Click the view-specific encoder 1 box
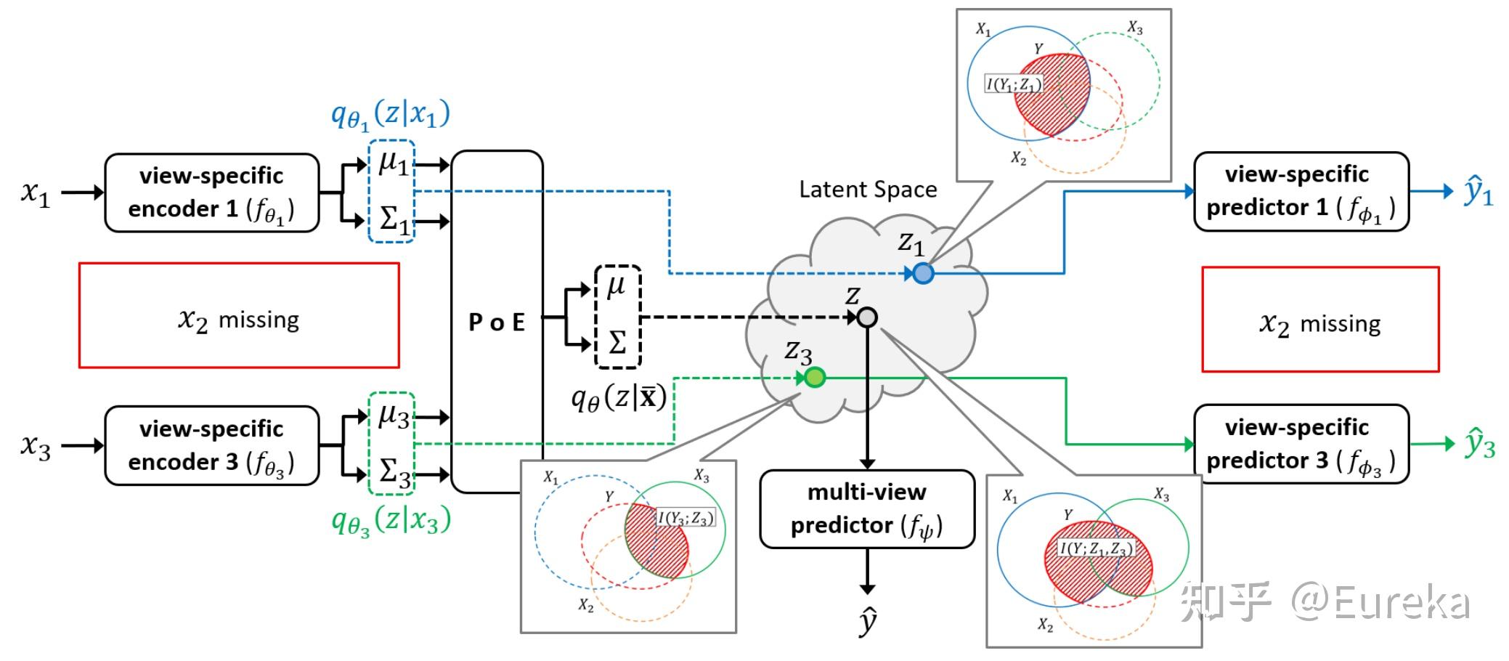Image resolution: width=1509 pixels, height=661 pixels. (x=211, y=192)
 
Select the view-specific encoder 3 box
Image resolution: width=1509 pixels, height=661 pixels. (x=211, y=445)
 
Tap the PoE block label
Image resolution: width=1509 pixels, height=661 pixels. (x=497, y=322)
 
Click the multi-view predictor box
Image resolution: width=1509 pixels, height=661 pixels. (x=866, y=509)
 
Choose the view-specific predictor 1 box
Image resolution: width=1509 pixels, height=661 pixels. (x=1301, y=192)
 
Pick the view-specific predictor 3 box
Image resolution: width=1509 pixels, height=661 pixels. (x=1301, y=444)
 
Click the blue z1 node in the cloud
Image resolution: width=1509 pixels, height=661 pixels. (x=923, y=273)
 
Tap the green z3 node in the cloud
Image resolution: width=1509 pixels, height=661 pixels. (x=815, y=378)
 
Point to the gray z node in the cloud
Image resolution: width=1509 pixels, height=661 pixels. (x=867, y=317)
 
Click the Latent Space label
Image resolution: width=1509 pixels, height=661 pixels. (x=868, y=190)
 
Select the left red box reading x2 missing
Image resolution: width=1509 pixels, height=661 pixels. (x=239, y=315)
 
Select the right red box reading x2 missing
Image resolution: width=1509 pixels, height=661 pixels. (x=1320, y=320)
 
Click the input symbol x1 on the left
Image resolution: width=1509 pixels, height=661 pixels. (x=36, y=192)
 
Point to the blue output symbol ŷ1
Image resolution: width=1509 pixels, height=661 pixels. (x=1479, y=191)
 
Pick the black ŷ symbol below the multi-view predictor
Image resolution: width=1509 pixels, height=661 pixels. (x=867, y=622)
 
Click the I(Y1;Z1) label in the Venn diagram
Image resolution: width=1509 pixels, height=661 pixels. (x=1014, y=84)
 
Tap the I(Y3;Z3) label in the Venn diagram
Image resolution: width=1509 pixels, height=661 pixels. (x=686, y=518)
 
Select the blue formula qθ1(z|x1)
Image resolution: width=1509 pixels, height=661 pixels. (x=391, y=115)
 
